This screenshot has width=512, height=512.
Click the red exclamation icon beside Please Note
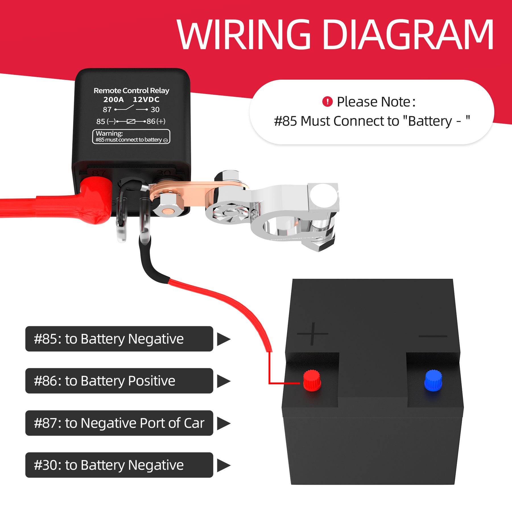click(x=327, y=102)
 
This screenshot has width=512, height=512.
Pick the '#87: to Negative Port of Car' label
click(x=119, y=423)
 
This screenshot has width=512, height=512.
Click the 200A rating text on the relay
click(x=113, y=100)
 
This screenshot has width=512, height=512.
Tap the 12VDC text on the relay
click(x=146, y=100)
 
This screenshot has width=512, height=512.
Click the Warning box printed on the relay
click(x=131, y=137)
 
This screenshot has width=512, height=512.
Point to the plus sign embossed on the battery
click(x=312, y=333)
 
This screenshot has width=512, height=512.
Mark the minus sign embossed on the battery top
click(x=433, y=336)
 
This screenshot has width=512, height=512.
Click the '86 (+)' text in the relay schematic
click(x=156, y=121)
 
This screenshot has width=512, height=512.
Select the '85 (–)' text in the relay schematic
click(x=106, y=121)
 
